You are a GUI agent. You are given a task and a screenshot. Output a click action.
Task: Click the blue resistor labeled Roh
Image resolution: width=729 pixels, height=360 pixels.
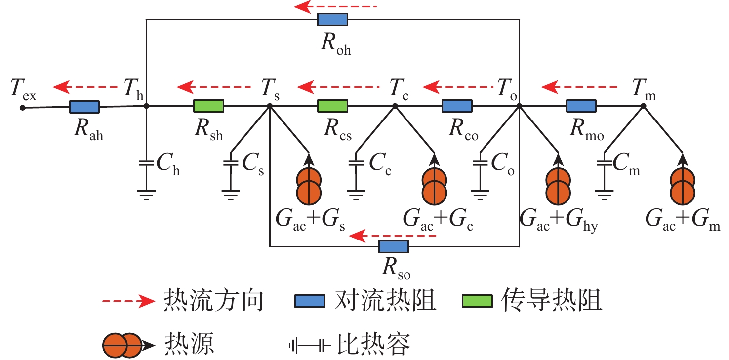click(332, 20)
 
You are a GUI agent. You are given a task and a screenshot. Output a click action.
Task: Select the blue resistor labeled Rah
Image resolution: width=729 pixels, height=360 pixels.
click(84, 107)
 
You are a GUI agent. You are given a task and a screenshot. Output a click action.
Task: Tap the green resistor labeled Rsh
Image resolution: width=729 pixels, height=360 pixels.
click(208, 106)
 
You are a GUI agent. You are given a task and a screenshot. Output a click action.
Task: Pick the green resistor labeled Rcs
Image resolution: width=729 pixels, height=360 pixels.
click(332, 106)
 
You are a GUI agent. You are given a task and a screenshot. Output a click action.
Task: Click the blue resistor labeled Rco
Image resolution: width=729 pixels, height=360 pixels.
click(457, 106)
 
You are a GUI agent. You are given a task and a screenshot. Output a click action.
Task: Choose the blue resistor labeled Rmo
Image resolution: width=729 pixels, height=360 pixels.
click(581, 106)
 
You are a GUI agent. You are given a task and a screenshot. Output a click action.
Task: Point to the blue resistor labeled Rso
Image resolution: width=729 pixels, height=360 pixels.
click(394, 247)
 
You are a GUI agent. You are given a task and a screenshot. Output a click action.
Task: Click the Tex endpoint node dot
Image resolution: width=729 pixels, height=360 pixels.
click(22, 108)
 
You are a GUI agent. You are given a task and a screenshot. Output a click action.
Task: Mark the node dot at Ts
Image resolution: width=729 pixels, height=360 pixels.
click(270, 106)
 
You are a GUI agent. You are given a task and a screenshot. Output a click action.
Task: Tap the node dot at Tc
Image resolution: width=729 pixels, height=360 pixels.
click(395, 106)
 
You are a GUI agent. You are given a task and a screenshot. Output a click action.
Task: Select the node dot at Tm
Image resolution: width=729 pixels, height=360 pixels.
click(644, 106)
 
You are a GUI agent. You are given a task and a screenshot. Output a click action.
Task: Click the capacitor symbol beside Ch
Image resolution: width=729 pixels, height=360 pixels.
click(147, 163)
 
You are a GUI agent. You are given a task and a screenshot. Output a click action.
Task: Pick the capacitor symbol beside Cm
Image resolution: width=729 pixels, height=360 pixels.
click(605, 163)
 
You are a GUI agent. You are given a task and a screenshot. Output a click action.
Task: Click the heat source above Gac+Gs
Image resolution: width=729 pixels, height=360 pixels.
click(309, 186)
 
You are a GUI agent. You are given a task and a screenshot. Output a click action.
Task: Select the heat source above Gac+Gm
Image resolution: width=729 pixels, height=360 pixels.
click(683, 186)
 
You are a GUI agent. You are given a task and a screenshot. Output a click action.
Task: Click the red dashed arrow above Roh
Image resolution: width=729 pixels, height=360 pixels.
click(335, 6)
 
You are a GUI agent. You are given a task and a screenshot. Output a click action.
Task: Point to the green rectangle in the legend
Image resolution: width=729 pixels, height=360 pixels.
click(477, 301)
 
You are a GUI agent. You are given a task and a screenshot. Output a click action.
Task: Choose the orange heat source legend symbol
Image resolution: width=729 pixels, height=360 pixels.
click(128, 345)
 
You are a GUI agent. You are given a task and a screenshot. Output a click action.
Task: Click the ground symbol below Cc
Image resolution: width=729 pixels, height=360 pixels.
click(356, 195)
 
